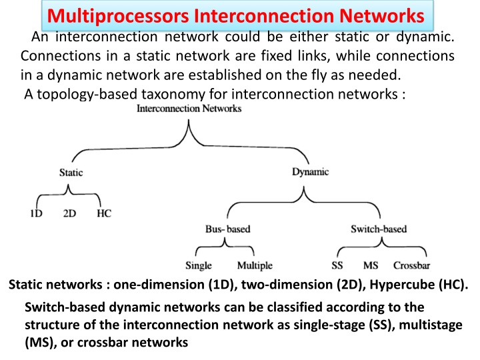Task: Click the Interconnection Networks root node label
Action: click(189, 109)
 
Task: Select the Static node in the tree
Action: click(71, 173)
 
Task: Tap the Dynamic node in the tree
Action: click(310, 172)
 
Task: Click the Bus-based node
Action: click(228, 229)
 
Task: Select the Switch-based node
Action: click(379, 229)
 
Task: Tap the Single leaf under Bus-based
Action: click(199, 265)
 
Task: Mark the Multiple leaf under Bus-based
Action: click(255, 265)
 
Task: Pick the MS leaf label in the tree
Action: click(371, 265)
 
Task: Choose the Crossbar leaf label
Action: click(411, 265)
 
